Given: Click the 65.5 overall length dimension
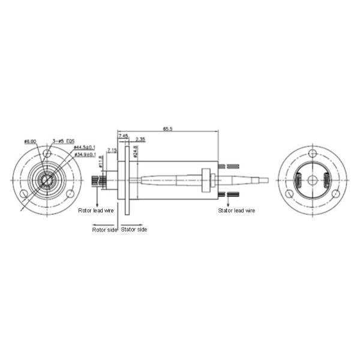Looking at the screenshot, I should (167, 129).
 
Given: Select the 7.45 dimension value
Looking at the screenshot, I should (123, 137).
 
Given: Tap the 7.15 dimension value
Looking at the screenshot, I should (112, 149).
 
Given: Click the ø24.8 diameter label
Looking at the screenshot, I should (136, 151).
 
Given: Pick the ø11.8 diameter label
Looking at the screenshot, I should (101, 162).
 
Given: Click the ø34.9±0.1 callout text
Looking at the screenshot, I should (84, 155).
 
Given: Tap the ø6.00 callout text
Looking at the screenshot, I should (30, 142).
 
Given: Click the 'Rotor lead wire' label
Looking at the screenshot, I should (96, 211).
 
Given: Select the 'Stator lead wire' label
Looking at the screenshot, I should (236, 211).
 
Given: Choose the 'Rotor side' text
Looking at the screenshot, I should (104, 229).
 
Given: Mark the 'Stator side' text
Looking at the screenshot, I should (134, 229).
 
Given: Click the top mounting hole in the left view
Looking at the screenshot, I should (47, 154).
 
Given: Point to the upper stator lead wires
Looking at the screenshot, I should (230, 166).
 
